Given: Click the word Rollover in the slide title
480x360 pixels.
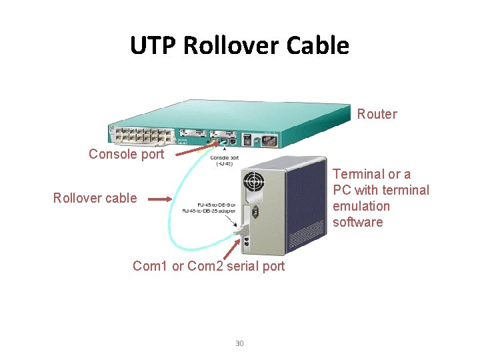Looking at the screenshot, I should point(231,46).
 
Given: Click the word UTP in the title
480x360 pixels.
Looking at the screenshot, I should point(153,46).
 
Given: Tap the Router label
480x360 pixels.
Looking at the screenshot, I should point(377,114).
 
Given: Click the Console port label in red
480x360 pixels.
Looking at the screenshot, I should point(126,154).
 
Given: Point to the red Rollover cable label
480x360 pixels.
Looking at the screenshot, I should point(95,198).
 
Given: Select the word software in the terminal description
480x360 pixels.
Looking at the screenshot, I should point(357,222).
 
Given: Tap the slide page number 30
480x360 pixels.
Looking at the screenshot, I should point(239,343).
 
